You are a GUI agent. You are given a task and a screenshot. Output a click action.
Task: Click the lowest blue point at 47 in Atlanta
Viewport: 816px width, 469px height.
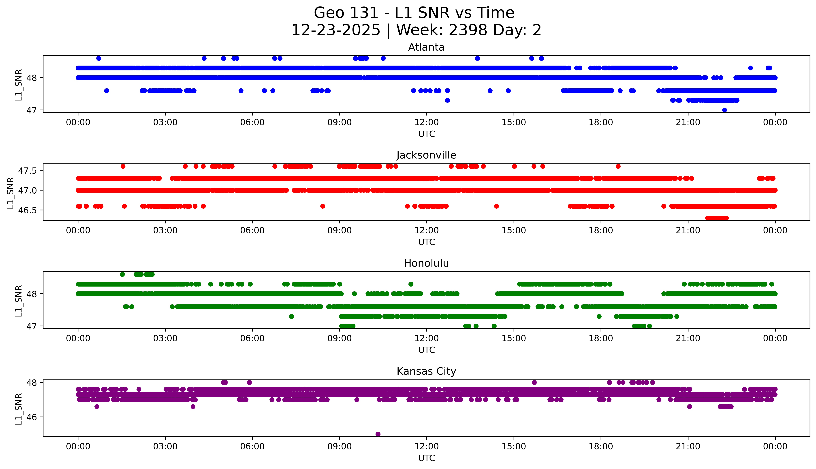click(724, 110)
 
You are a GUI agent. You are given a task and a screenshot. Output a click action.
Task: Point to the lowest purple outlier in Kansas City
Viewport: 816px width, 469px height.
click(378, 434)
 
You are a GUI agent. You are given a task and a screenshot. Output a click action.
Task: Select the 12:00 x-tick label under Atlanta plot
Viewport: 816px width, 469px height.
click(426, 122)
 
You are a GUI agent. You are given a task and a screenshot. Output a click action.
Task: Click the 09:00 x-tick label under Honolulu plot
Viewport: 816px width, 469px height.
click(339, 338)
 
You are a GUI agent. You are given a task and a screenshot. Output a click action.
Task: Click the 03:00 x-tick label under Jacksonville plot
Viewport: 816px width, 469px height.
click(165, 230)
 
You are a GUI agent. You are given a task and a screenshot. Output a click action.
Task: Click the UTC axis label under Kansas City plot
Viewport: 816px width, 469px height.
click(426, 458)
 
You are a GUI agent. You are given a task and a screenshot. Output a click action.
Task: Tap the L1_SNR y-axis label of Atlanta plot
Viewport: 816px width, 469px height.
click(19, 84)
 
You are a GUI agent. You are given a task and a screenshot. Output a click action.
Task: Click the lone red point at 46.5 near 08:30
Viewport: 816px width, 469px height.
click(323, 206)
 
